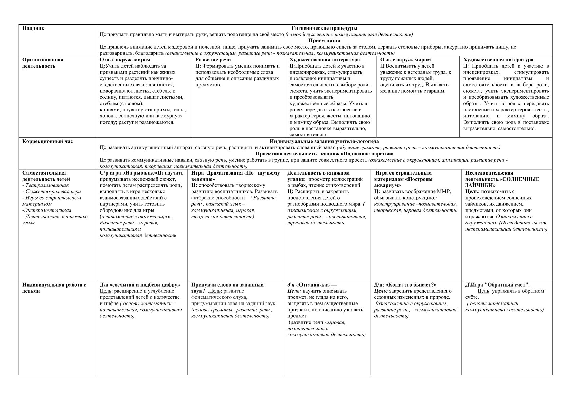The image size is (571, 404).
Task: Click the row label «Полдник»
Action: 33,28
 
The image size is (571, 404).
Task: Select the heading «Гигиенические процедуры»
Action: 324,28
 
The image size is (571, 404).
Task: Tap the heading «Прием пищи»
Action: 324,40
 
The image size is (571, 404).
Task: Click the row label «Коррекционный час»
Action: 47,141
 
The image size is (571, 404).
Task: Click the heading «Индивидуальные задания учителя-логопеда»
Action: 324,141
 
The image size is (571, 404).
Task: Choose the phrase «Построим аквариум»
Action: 403,182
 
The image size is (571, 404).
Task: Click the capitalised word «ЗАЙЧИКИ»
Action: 480,185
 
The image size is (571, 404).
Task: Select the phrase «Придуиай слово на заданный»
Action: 227,285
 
